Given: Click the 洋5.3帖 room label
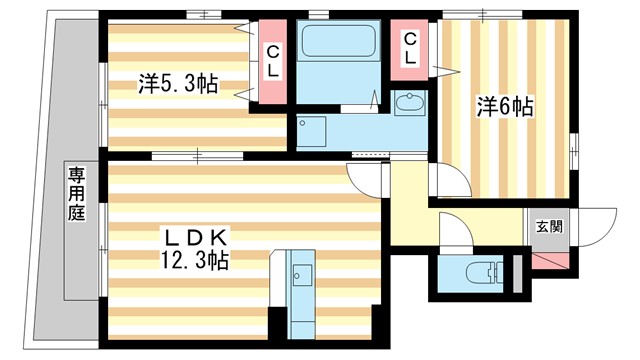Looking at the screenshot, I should coord(179,83).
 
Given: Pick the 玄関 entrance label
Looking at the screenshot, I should coord(549,226).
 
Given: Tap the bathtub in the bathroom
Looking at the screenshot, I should coord(337,45).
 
